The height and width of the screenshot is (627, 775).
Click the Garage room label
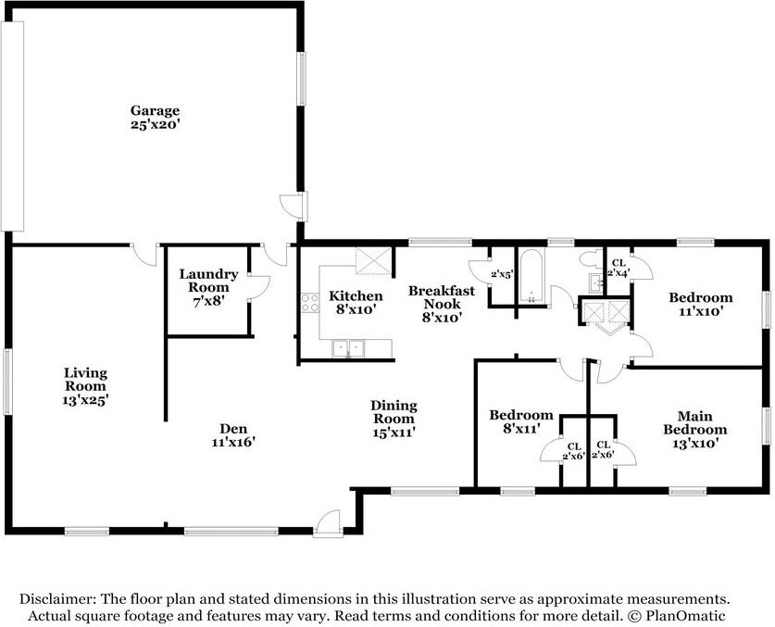[155, 117]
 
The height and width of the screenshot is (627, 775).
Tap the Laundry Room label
[208, 281]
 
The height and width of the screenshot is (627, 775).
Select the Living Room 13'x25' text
[85, 386]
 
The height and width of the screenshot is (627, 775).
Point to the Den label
[233, 435]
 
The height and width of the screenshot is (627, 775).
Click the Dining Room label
[394, 418]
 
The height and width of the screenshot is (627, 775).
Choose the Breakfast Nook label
[441, 303]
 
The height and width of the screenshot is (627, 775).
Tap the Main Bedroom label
[700, 429]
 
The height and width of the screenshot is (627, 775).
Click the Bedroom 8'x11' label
[521, 421]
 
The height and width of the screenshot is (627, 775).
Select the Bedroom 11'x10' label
[700, 304]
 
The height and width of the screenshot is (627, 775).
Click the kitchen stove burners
[309, 305]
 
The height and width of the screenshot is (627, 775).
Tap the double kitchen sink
[349, 347]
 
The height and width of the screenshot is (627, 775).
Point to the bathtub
[531, 277]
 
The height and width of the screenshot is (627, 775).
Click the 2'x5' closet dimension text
[503, 273]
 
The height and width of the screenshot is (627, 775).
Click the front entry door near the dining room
[328, 523]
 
